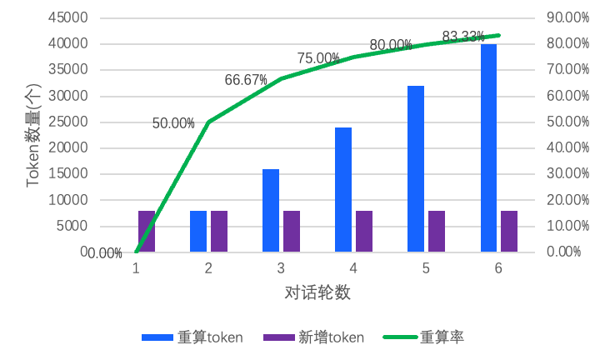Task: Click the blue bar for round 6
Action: coord(488,147)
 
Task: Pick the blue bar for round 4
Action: coord(343,189)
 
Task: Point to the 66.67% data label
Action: coord(246,80)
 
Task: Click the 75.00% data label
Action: coord(318,58)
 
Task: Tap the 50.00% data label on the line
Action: coord(173,123)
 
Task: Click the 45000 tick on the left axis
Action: coord(70,17)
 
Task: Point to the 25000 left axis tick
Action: coord(70,122)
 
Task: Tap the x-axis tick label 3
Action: coord(281,268)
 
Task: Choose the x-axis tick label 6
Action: coord(498,268)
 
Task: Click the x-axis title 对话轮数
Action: coord(317,292)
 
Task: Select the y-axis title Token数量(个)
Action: coord(33,135)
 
